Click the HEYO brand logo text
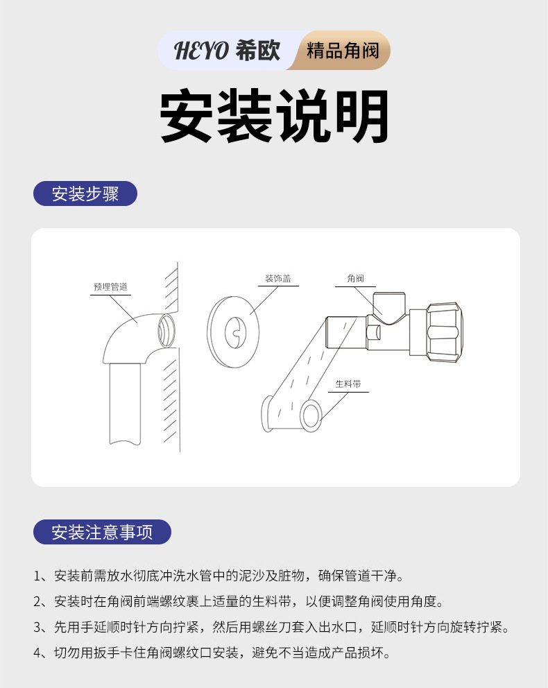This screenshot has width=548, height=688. (x=200, y=51)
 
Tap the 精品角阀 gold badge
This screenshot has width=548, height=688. (x=343, y=51)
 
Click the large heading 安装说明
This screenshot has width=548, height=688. (x=274, y=117)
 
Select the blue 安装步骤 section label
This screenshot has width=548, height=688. (x=85, y=193)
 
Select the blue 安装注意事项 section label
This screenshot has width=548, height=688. (x=102, y=532)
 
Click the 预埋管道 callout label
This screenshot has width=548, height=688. (x=110, y=286)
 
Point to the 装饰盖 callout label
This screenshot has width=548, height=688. (x=277, y=279)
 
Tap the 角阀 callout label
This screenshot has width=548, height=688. (x=355, y=279)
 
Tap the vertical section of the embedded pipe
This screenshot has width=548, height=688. (x=125, y=402)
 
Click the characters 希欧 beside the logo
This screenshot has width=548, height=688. (x=258, y=51)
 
